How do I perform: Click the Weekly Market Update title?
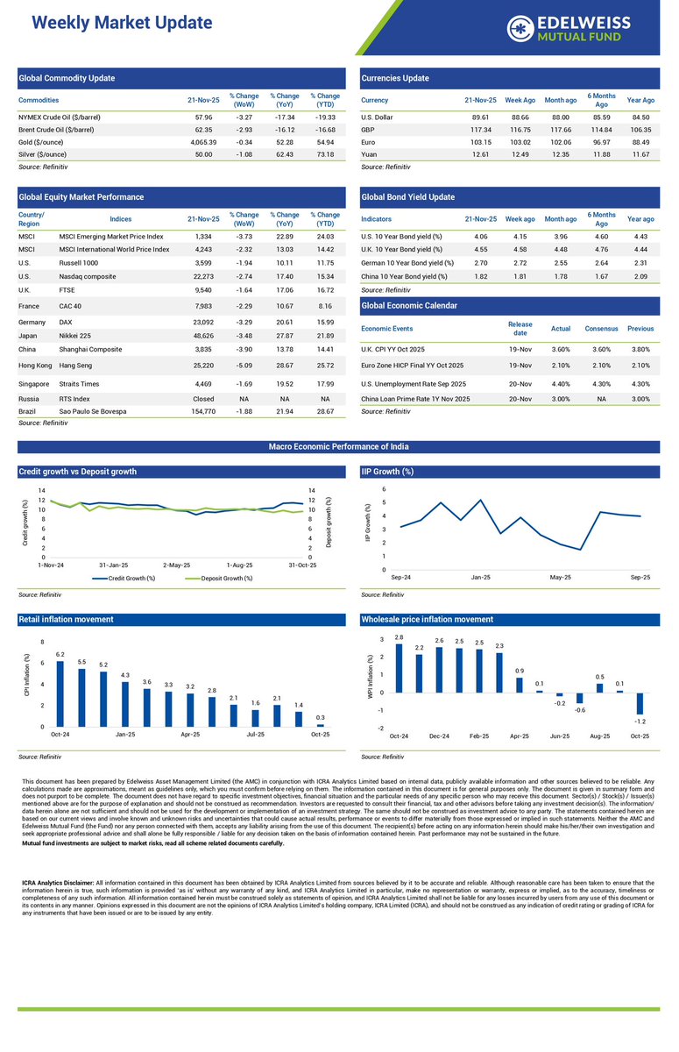[x=122, y=23]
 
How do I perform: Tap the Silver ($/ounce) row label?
[x=53, y=154]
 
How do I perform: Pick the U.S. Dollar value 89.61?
[x=480, y=117]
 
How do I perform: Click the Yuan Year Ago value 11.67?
[x=640, y=154]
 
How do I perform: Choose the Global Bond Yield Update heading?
[x=407, y=197]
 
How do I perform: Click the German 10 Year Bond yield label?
[x=407, y=263]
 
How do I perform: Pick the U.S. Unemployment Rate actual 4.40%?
[x=560, y=383]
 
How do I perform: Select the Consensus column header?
[x=600, y=329]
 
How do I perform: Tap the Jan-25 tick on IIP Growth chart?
[x=480, y=578]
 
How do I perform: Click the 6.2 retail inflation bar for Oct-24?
[x=60, y=693]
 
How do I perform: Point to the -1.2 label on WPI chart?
[x=640, y=721]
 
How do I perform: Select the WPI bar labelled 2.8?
[x=400, y=668]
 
